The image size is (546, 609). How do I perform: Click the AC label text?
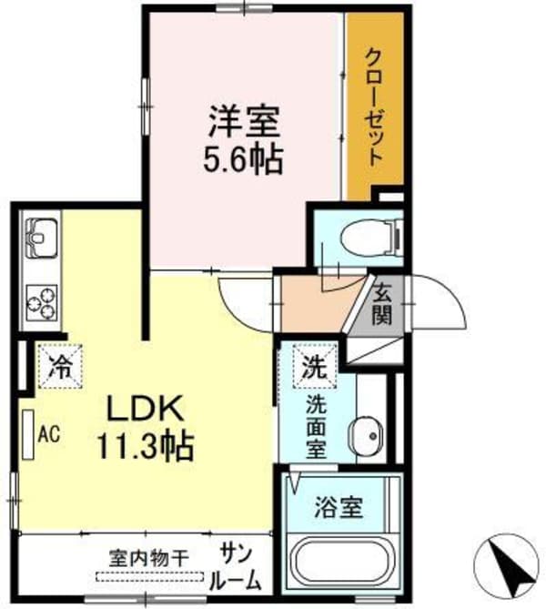pos(48,434)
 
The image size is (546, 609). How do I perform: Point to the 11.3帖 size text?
pos(147,447)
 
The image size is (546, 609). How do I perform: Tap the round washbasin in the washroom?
pos(369,435)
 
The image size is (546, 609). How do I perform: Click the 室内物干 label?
pos(149,555)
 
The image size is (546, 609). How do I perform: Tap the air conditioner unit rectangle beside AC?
pos(29,434)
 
